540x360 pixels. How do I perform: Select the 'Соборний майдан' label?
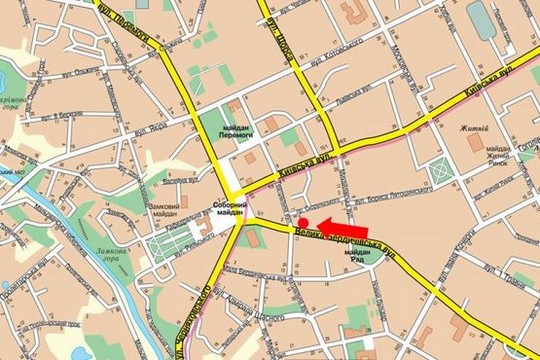coord(230,210)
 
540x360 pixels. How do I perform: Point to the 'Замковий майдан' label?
coord(163,210)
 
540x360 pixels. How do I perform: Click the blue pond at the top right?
coord(481,19)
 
